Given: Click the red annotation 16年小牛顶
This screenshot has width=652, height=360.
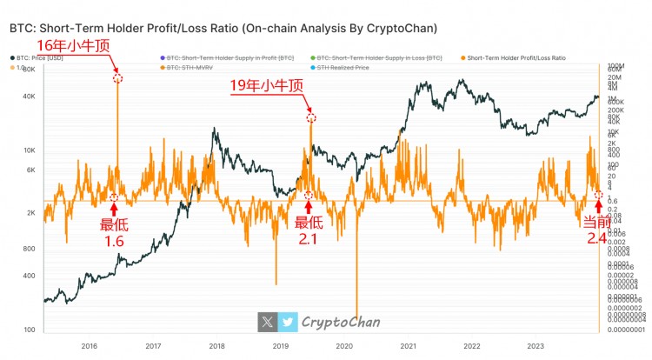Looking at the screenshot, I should coord(70,46).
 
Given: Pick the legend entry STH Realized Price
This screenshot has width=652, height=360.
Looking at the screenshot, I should coord(343,67).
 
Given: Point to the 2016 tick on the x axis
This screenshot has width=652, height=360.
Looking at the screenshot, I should coord(89,344).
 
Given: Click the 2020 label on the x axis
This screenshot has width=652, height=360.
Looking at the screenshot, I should coord(343,344).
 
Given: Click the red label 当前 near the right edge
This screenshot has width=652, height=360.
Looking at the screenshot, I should coord(595,223).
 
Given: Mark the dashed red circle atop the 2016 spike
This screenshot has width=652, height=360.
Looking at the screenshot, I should coord(117,78).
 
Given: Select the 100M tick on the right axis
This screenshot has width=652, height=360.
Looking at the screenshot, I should coord(615,66).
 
